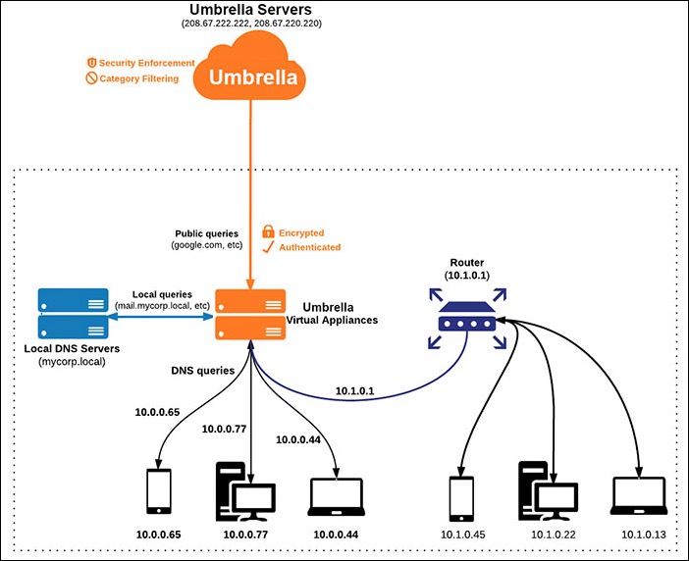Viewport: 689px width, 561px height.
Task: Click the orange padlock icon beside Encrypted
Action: pos(268,232)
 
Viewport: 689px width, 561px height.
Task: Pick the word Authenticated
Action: pos(310,248)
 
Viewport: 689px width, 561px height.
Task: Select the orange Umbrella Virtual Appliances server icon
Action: pos(249,314)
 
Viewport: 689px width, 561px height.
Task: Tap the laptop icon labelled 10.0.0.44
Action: pos(337,496)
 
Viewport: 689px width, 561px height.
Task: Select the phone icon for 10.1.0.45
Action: pos(461,497)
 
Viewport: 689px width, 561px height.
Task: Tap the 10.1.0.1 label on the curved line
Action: pos(356,390)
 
